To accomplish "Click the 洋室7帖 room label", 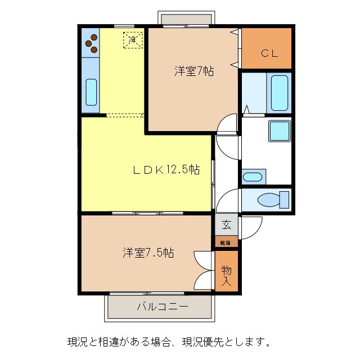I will (x=193, y=71).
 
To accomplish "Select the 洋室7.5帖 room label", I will (x=148, y=253).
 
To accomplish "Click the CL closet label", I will (x=267, y=53).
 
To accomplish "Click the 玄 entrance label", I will (x=226, y=226).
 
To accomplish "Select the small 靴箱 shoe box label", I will (x=226, y=243).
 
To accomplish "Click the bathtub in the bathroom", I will (x=280, y=92).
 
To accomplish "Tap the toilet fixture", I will (x=272, y=200).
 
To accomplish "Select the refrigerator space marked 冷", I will (x=133, y=40).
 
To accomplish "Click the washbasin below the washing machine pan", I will (x=253, y=177).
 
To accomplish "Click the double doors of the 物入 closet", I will (x=202, y=269).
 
